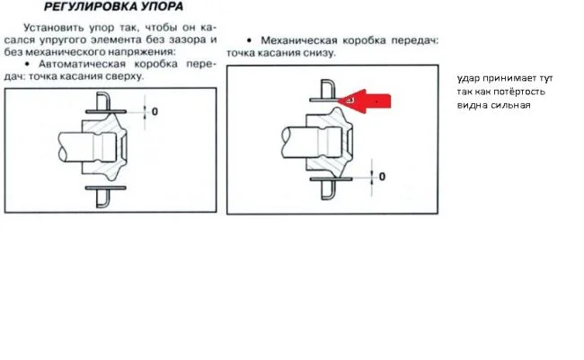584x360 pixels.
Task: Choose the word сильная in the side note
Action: [x=512, y=104]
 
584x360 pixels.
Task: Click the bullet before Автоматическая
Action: [x=23, y=66]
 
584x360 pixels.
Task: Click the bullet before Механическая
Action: [x=248, y=41]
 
